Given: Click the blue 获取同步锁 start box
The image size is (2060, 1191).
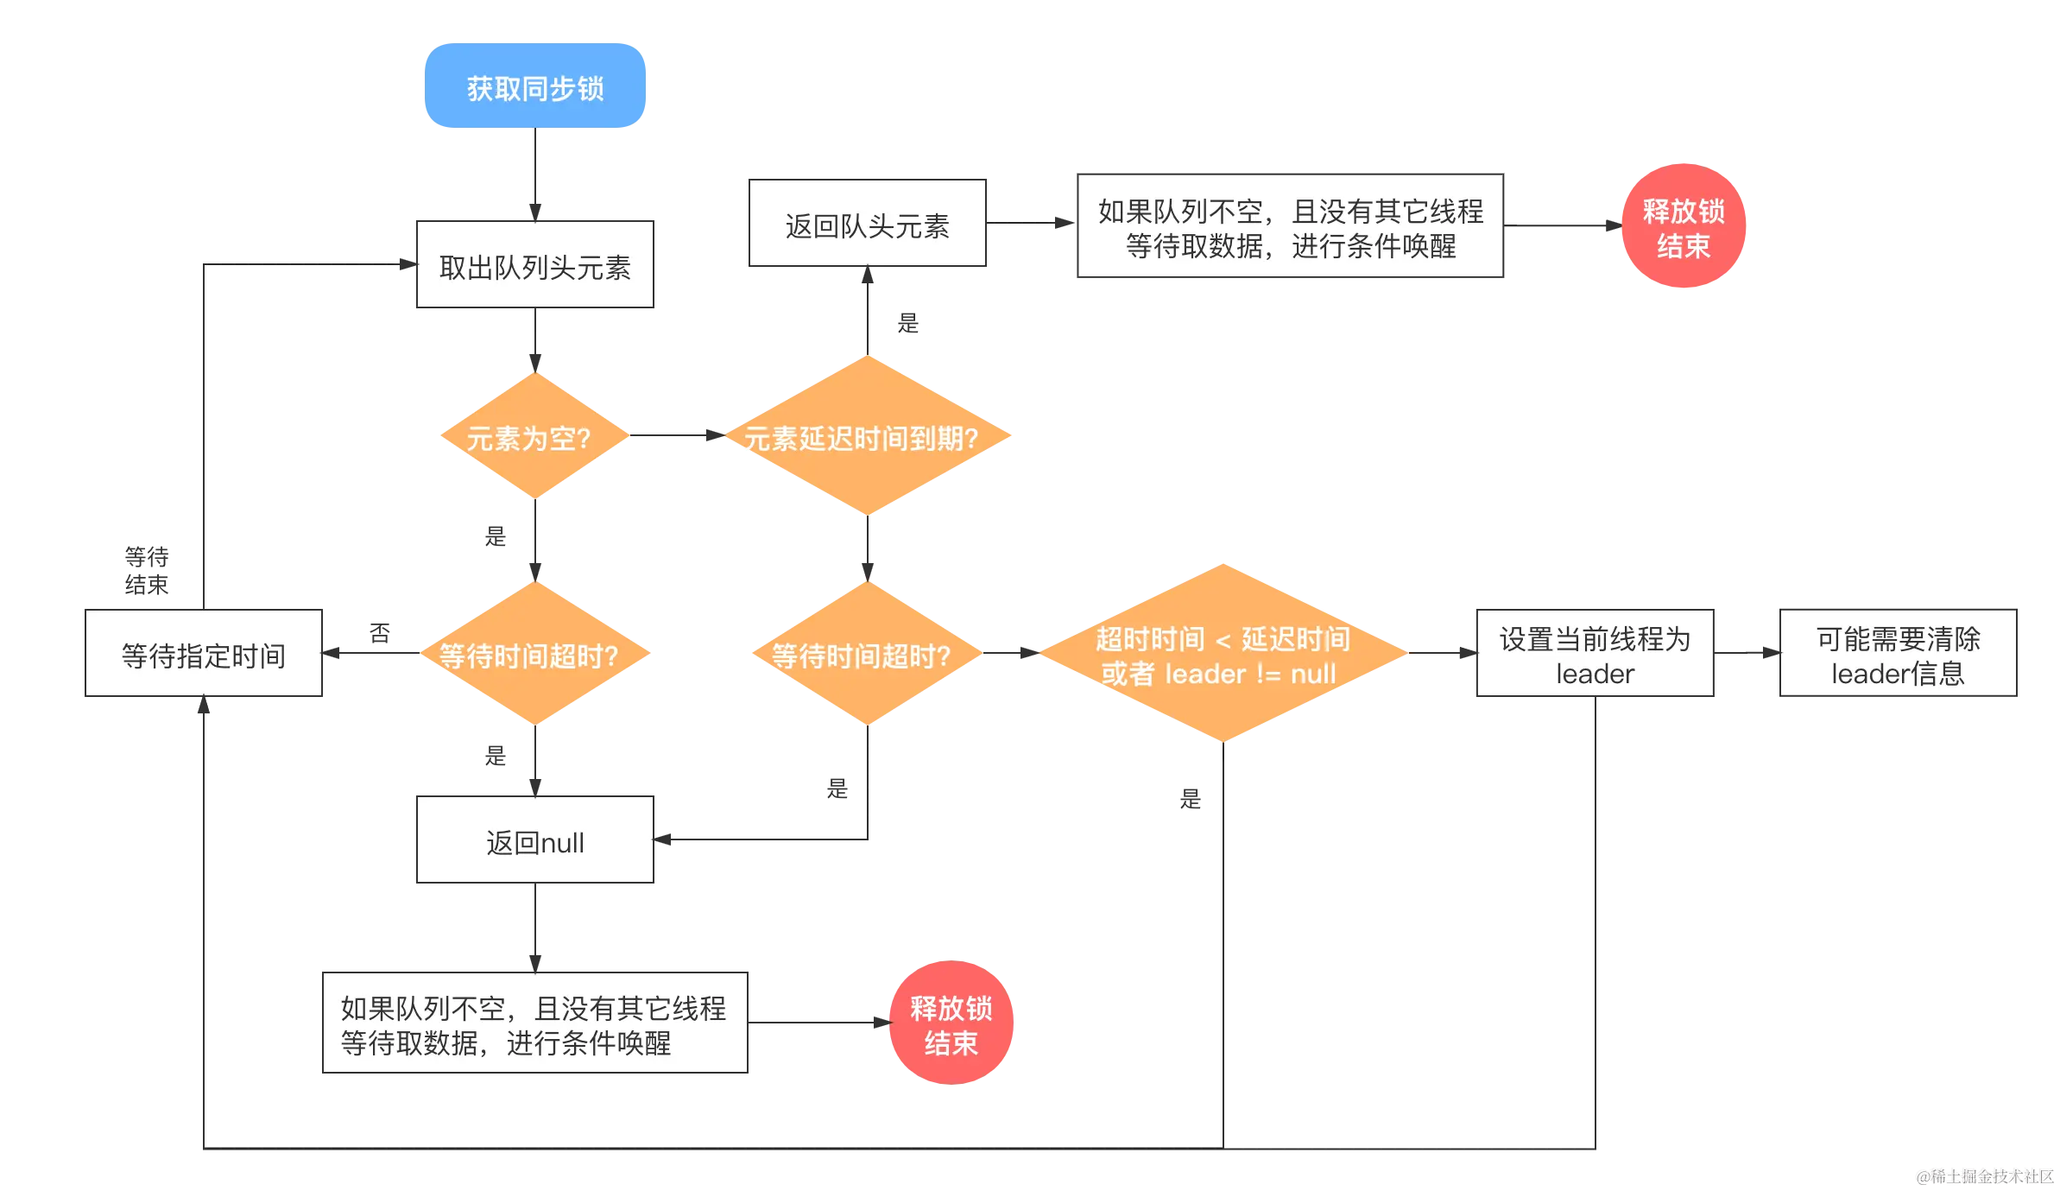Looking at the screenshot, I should pos(534,87).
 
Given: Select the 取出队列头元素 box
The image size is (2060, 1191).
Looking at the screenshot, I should pos(534,265).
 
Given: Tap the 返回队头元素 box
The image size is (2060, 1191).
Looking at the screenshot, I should pos(867,224).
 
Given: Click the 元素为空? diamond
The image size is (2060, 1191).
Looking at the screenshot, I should pos(534,436).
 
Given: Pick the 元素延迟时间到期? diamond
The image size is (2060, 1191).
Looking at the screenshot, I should pos(867,436).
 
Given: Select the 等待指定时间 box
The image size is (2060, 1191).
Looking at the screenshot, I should pos(204,654).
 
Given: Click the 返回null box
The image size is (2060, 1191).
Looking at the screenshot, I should pos(534,839).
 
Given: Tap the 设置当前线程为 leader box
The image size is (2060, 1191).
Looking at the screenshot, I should pos(1595,654).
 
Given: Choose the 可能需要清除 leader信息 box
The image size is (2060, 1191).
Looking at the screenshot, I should pos(1898,654).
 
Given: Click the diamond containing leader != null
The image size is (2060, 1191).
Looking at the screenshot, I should pos(1223,654).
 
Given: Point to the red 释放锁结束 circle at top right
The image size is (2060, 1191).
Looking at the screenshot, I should pos(1684,225).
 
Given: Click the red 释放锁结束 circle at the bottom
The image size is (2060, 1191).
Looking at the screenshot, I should pos(951,1023).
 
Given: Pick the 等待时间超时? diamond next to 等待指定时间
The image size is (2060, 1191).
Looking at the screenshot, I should pos(534,654).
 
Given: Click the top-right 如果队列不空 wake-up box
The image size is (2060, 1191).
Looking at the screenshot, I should pos(1289,227).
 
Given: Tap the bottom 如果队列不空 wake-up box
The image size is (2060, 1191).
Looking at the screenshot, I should pos(534,1023).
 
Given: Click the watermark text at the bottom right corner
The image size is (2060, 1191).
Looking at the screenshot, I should pos(1984,1175).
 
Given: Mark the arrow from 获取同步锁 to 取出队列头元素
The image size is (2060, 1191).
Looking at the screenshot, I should pos(534,173).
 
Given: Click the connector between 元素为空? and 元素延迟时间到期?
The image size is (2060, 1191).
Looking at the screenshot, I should pos(678,436).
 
